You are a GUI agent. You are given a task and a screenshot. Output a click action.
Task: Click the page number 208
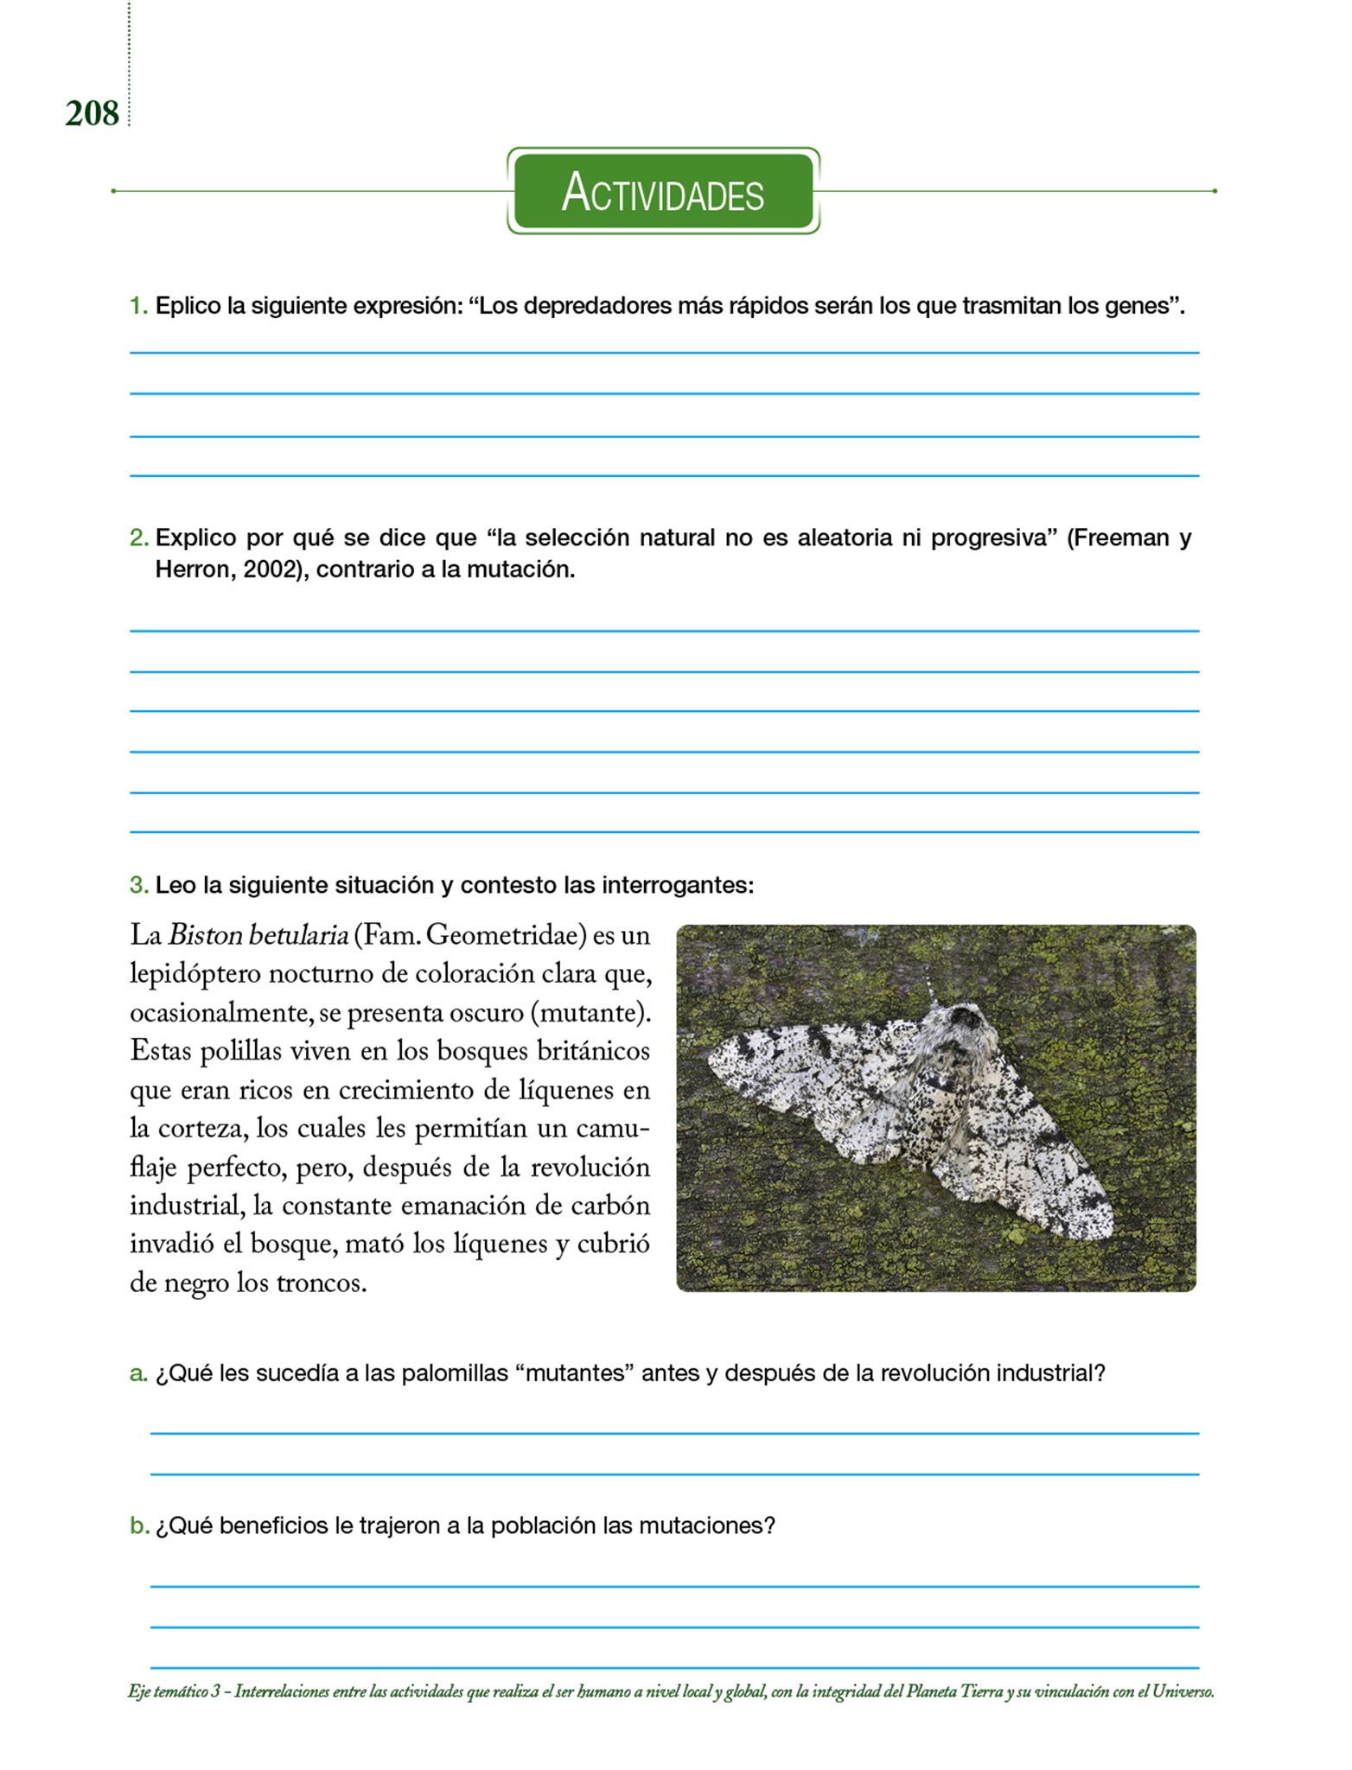point(92,114)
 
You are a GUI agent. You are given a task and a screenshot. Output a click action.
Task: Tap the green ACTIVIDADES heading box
point(663,191)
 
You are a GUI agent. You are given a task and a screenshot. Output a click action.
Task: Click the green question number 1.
point(137,306)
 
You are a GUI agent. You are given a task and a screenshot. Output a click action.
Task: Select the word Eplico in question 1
point(188,306)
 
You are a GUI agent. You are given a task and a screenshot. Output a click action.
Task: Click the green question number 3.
point(138,885)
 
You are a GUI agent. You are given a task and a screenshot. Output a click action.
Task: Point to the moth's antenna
point(932,985)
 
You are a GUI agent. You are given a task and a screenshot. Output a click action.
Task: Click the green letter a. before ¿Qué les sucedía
point(138,1373)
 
